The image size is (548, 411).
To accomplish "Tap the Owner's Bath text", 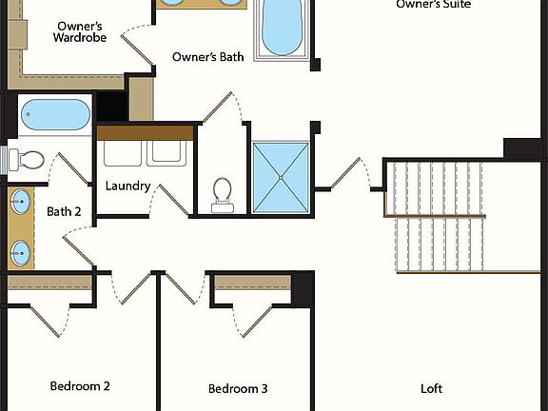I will [x=207, y=57].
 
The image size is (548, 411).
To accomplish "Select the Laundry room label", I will [x=127, y=186].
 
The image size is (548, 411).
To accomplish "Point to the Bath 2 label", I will [x=64, y=211].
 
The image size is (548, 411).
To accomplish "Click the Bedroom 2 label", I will [x=80, y=386].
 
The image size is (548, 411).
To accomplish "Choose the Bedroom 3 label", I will [x=238, y=388].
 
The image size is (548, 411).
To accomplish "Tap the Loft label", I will [x=431, y=388].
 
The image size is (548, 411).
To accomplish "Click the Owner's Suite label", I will [x=433, y=5].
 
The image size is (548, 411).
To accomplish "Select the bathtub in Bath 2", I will [x=54, y=115].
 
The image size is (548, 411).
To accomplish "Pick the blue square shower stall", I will [x=280, y=177].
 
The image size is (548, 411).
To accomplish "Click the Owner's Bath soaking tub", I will [x=281, y=29].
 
